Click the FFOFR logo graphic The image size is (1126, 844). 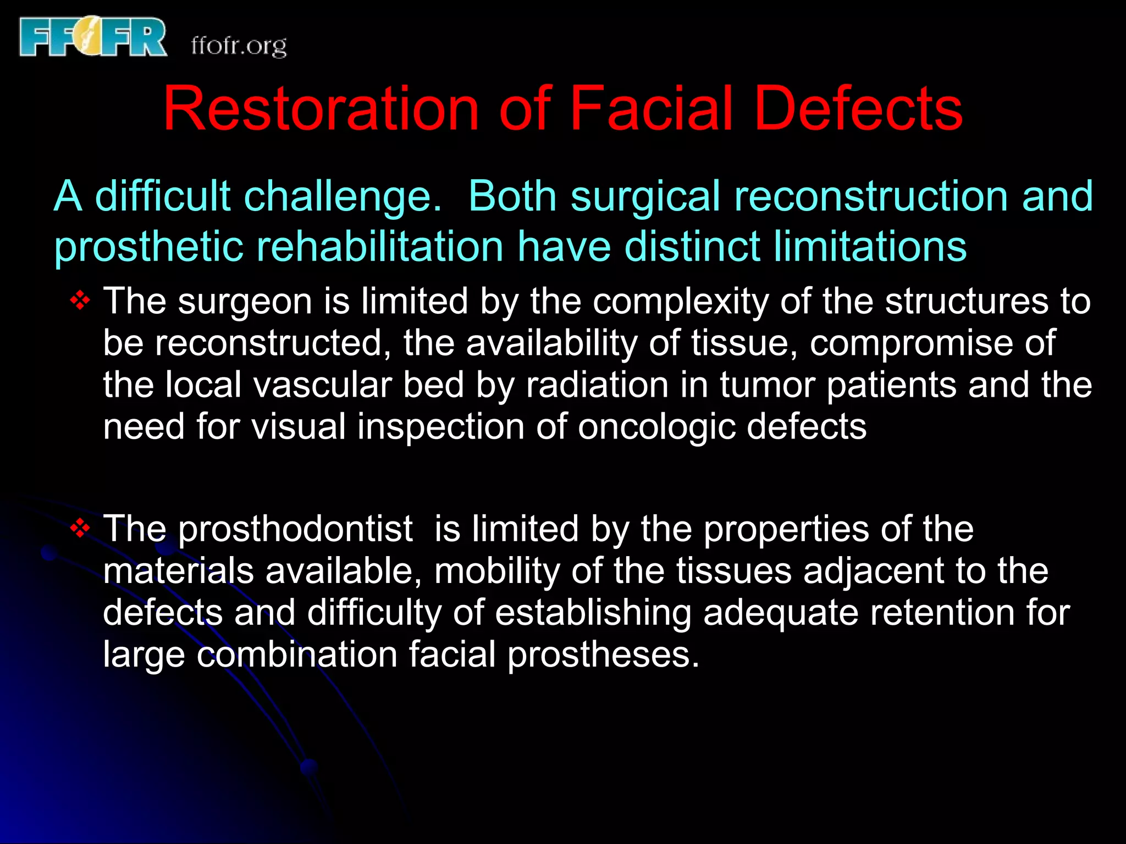[x=92, y=37]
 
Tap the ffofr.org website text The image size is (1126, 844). [x=239, y=46]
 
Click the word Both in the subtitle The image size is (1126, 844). [x=512, y=196]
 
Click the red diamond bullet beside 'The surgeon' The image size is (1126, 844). [x=80, y=301]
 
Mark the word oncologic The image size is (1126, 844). [x=656, y=427]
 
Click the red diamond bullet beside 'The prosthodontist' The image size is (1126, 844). [x=80, y=528]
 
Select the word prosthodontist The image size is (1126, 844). [x=295, y=530]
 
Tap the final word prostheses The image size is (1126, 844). [x=603, y=655]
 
